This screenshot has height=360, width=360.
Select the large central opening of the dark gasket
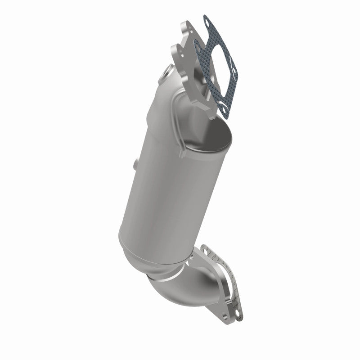215,63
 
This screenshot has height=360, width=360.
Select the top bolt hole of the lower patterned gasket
206,249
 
